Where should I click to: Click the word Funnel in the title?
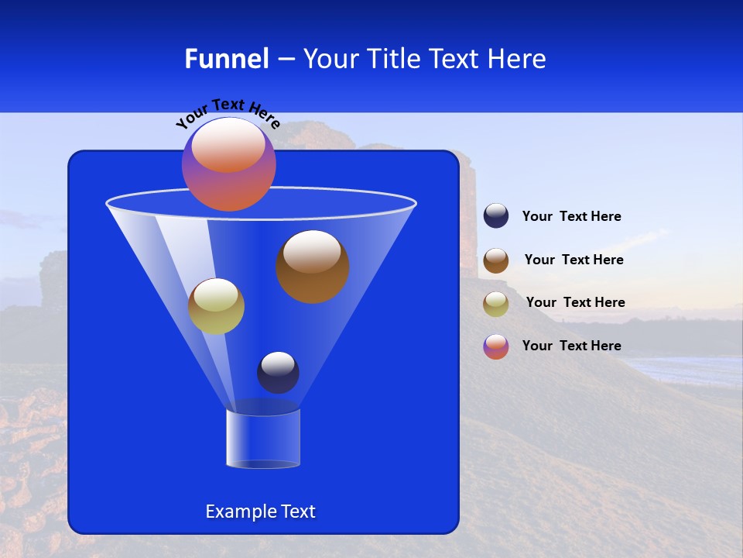click(226, 59)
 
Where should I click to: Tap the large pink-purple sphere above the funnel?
click(229, 164)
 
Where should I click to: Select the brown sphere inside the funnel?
click(313, 267)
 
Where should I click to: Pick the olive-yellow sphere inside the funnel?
click(216, 306)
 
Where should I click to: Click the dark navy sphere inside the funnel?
click(278, 372)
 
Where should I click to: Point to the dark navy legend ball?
click(496, 216)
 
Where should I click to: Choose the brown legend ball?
click(496, 260)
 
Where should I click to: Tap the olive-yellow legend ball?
click(496, 304)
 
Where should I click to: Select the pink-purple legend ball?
click(496, 346)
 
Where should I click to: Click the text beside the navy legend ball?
click(571, 217)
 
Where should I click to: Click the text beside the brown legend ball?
click(574, 260)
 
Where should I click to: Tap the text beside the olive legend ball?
click(575, 303)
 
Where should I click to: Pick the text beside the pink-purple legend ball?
click(571, 346)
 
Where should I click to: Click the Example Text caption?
click(260, 511)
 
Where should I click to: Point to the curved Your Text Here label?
click(228, 112)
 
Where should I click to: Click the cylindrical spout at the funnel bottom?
click(263, 439)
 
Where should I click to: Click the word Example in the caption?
click(235, 511)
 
